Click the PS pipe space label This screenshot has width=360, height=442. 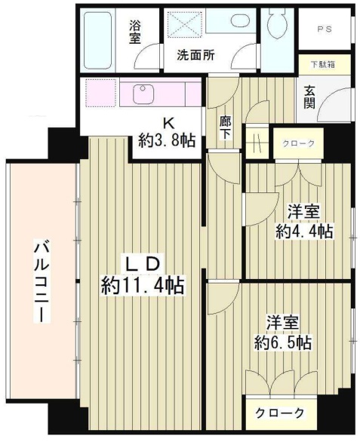click(325, 31)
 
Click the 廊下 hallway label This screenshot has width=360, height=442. click(225, 126)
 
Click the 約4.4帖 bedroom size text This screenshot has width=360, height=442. click(303, 232)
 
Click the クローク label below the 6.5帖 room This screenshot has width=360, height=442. click(280, 413)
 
